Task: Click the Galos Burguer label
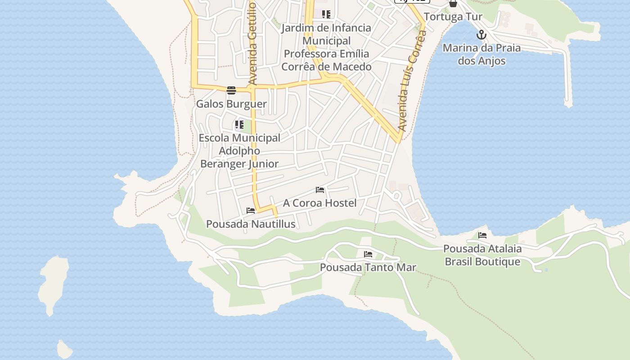point(231,104)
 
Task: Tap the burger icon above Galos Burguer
point(231,90)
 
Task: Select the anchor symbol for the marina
point(481,35)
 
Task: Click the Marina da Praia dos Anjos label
point(481,54)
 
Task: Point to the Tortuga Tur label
point(453,17)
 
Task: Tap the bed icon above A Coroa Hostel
point(320,190)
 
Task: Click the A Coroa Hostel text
point(319,203)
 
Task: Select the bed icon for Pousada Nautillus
point(251,211)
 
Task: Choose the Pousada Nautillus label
point(251,224)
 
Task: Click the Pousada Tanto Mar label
point(368,268)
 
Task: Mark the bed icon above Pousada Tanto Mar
point(368,254)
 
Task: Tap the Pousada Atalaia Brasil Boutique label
point(482,255)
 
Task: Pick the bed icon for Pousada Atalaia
point(482,235)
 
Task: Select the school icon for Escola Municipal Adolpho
point(239,125)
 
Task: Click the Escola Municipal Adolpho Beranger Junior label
point(239,151)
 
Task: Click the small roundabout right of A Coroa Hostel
point(396,196)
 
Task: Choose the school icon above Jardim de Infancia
point(326,14)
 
